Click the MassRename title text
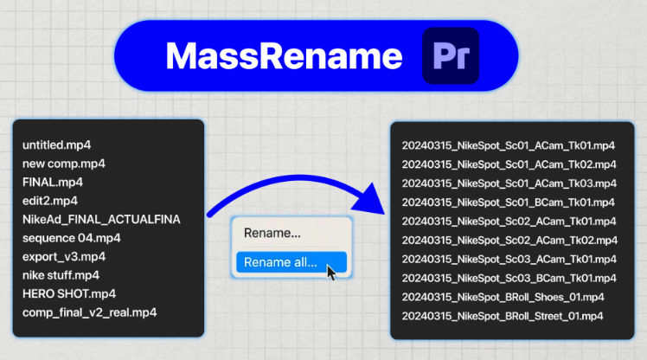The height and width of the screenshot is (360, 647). click(x=284, y=56)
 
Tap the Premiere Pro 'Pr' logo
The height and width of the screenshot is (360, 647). click(x=450, y=56)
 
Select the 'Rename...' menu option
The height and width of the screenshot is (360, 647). click(x=272, y=233)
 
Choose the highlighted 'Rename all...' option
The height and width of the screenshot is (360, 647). click(x=280, y=261)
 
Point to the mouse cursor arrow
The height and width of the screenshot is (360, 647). click(x=331, y=273)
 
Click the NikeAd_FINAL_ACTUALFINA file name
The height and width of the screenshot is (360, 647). click(x=101, y=219)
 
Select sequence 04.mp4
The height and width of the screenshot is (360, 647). click(x=72, y=237)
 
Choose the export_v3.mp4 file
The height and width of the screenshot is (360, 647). click(x=63, y=256)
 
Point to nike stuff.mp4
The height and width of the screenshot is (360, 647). click(x=61, y=275)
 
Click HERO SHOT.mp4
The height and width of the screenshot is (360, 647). click(x=68, y=293)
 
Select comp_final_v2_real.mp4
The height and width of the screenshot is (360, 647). click(x=90, y=312)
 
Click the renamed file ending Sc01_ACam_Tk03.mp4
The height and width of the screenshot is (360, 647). click(x=509, y=183)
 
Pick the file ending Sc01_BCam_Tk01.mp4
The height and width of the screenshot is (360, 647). click(x=509, y=202)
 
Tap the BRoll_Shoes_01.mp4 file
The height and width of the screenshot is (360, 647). click(x=503, y=296)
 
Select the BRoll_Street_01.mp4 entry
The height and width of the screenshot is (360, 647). click(x=503, y=314)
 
